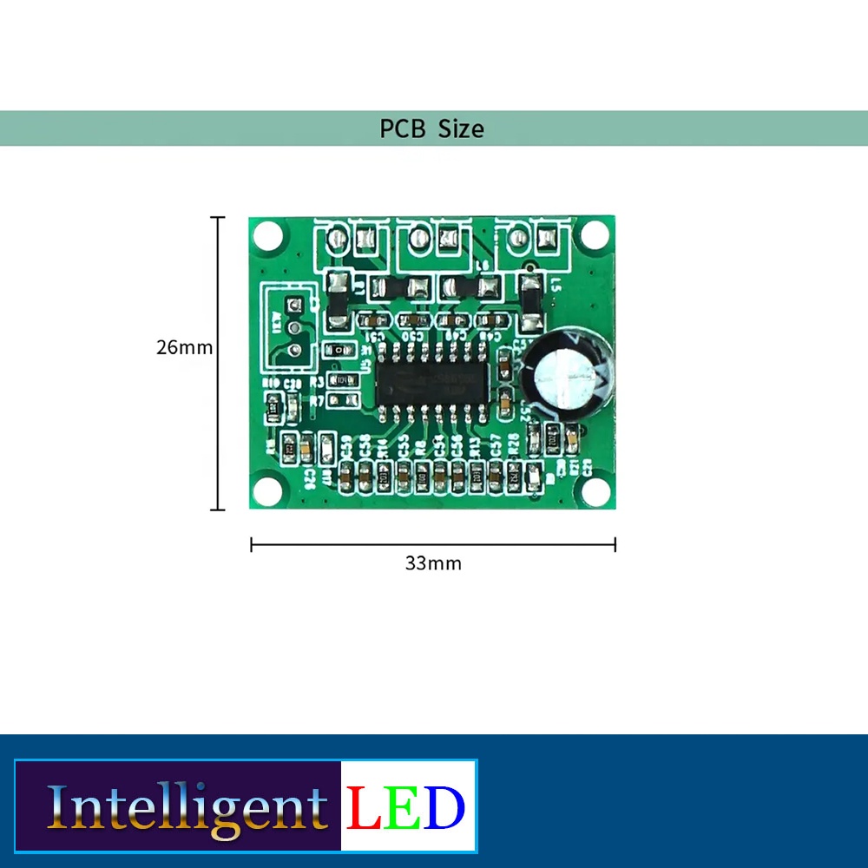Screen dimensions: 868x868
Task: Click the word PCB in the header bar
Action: point(404,129)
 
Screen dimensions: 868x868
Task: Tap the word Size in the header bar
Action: point(461,129)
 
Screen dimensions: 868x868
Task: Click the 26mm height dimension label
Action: point(184,347)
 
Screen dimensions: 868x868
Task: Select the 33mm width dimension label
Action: point(433,563)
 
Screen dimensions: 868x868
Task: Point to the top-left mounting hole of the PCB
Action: point(268,234)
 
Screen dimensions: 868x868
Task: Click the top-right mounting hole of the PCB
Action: point(595,233)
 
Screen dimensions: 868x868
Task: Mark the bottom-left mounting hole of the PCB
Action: point(267,490)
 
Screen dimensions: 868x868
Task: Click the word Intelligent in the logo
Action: point(187,808)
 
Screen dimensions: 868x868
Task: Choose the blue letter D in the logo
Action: point(445,807)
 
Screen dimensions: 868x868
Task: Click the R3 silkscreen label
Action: point(316,382)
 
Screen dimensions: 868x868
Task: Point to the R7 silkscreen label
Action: point(316,400)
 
